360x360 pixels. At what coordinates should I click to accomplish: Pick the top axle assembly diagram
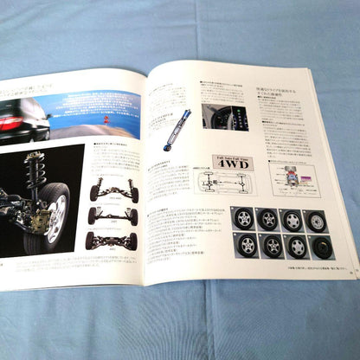[113, 190]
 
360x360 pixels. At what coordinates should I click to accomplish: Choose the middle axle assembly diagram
[112, 215]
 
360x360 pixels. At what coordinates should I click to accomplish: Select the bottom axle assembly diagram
[111, 240]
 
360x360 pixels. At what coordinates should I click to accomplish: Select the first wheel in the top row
[245, 216]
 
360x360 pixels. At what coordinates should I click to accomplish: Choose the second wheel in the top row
[269, 218]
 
